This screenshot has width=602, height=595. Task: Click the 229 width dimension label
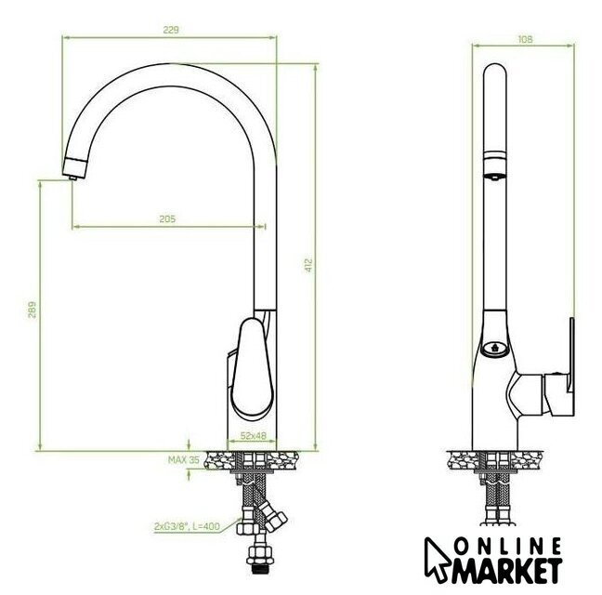click(171, 30)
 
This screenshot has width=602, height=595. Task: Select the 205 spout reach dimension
click(167, 219)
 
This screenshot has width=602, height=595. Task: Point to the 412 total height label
click(308, 266)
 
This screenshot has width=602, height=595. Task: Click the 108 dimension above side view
click(525, 39)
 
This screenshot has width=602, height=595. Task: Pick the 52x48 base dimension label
click(253, 436)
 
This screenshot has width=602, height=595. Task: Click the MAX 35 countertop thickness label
click(184, 460)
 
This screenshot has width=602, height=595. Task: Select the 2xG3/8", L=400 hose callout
click(187, 526)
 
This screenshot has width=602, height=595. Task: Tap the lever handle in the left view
click(252, 368)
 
